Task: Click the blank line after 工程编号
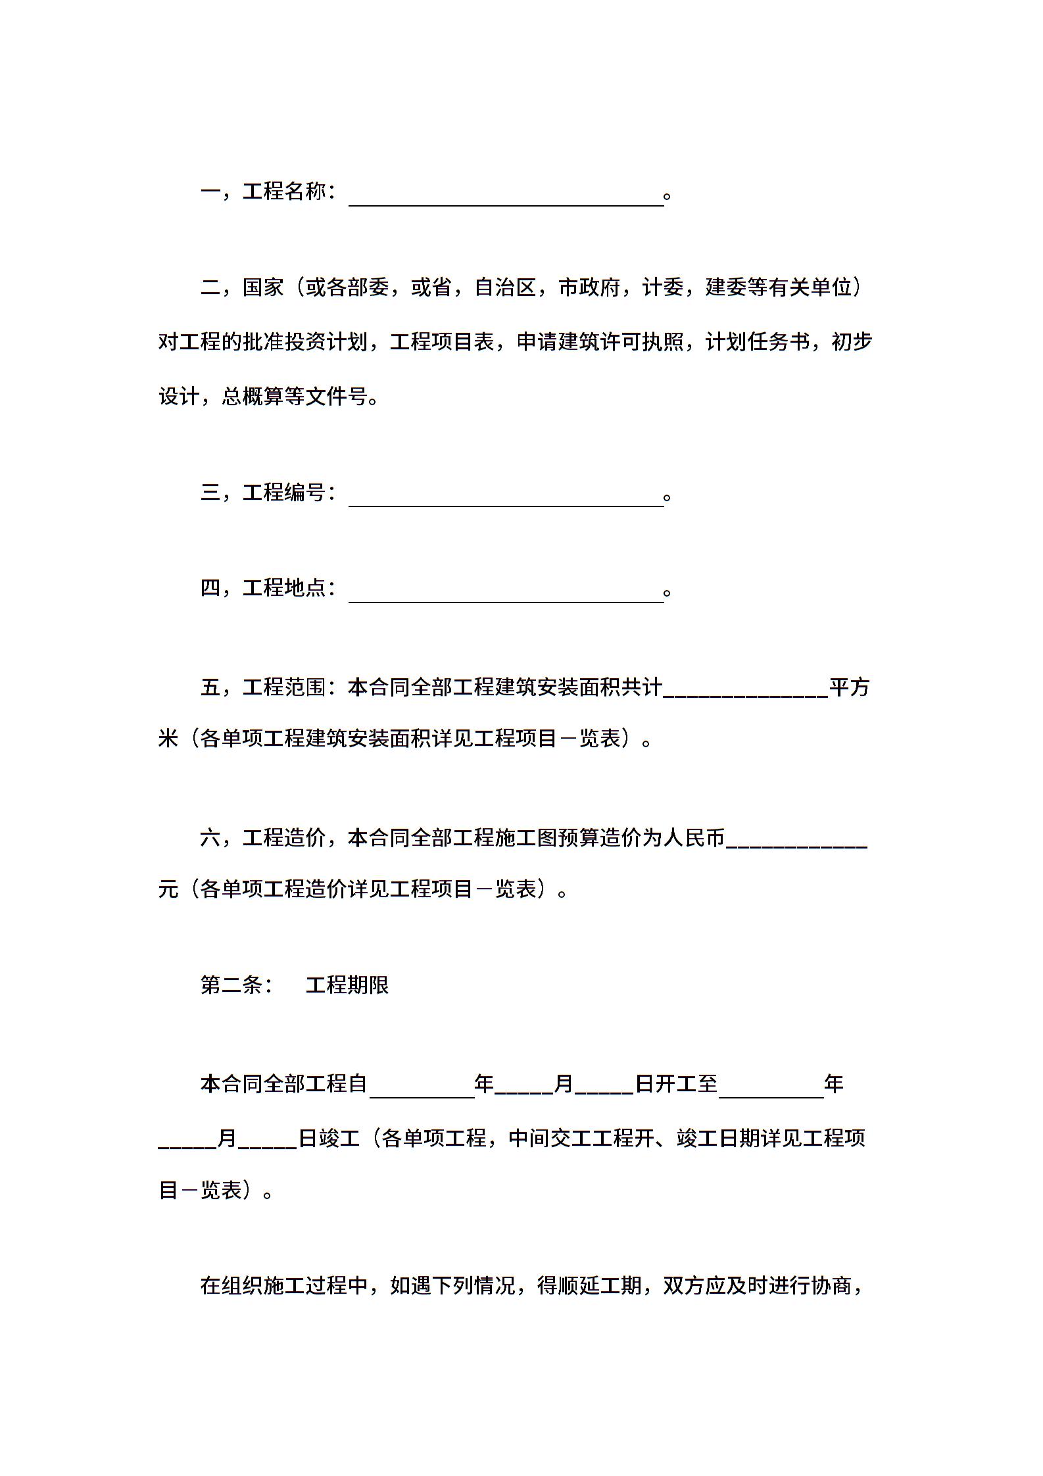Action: (x=506, y=497)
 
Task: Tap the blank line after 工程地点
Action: (x=506, y=593)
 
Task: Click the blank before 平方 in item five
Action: (x=745, y=690)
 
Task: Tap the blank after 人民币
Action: (x=796, y=840)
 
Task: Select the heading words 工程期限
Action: (x=347, y=985)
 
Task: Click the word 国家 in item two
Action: (x=263, y=287)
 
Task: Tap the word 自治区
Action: (x=505, y=287)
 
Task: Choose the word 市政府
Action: (x=589, y=287)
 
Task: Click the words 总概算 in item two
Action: (x=253, y=397)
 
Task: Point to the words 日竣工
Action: (x=329, y=1139)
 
